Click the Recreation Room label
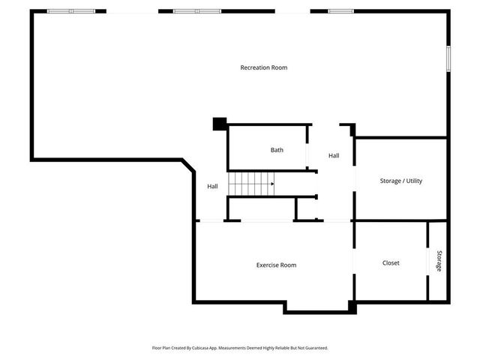coord(263,68)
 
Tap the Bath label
coord(277,150)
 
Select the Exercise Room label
coord(276,265)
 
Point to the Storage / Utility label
coord(400,181)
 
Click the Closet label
coord(391,263)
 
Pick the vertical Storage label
coord(439,260)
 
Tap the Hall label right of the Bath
coord(334,156)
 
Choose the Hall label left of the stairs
coord(212,187)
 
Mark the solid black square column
coord(220,124)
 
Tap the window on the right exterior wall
coord(448,58)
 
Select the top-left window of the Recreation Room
coord(71,11)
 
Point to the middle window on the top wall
coord(197,11)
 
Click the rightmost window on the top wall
coord(340,11)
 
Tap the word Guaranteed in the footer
coord(315,348)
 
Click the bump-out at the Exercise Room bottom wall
coord(315,307)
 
